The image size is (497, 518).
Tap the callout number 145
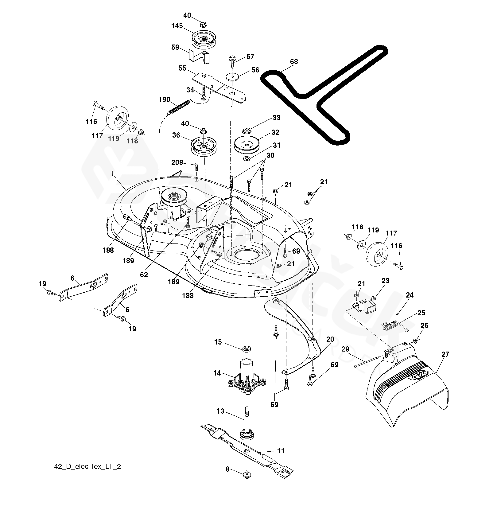[x=177, y=26]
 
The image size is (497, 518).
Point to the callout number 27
[x=445, y=354]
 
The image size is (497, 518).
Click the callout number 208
[x=177, y=162]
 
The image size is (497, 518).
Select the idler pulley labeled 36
[x=204, y=146]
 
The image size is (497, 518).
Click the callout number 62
[x=144, y=275]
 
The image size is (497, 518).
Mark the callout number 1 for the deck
[x=112, y=174]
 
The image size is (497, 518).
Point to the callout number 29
[x=345, y=349]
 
